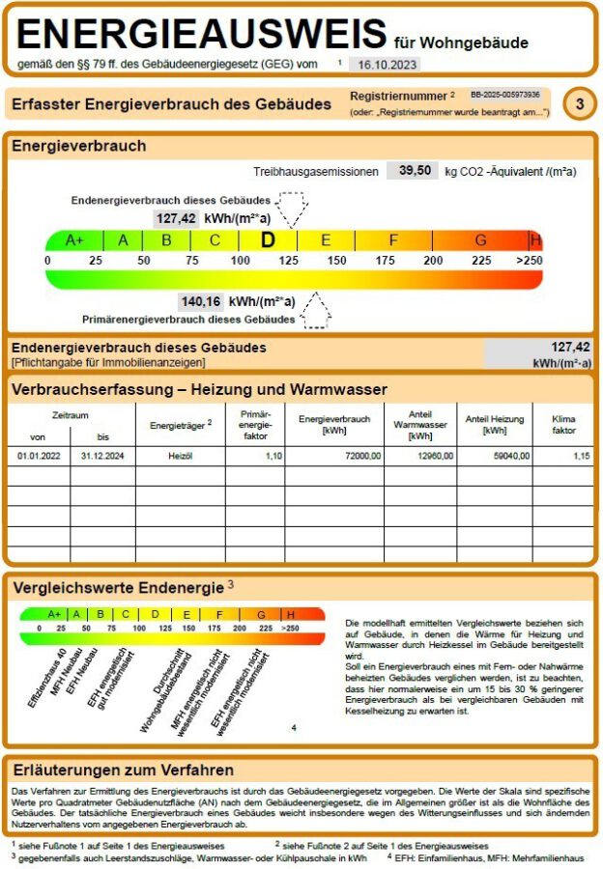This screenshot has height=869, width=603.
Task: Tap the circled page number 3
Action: tap(579, 104)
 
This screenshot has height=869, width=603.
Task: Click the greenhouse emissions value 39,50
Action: tap(409, 171)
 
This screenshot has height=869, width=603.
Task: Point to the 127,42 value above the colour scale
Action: tap(176, 218)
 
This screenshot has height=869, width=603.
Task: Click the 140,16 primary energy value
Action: tap(201, 301)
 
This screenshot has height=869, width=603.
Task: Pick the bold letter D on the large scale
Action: tap(269, 240)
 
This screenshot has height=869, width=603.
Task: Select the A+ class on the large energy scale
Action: tap(74, 240)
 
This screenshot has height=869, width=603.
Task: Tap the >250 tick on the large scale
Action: tap(529, 261)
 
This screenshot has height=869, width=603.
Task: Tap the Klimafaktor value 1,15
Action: tap(580, 455)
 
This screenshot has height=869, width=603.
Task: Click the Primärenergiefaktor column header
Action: tap(255, 424)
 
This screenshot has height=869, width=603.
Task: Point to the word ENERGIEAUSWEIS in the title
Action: tap(201, 34)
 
